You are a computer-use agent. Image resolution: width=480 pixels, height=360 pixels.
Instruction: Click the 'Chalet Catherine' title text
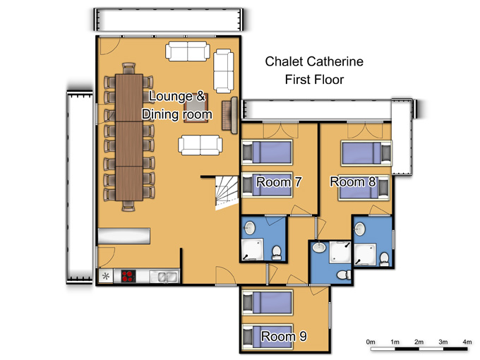[314, 61]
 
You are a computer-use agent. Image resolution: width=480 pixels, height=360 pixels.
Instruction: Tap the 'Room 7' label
[279, 182]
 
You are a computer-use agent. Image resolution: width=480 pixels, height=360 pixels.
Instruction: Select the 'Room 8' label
[353, 181]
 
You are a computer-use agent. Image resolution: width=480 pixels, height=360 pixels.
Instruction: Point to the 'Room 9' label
[284, 336]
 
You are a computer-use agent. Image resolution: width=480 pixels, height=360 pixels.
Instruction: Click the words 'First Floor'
[314, 80]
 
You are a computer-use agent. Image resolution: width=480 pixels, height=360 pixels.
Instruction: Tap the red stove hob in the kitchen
[128, 276]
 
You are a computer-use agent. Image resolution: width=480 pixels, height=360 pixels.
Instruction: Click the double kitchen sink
[164, 277]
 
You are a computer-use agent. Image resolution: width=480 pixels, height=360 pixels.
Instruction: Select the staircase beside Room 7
[227, 193]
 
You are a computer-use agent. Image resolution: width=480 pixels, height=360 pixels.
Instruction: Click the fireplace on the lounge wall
[230, 115]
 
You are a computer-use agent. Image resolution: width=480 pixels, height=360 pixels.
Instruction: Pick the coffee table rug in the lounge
[196, 108]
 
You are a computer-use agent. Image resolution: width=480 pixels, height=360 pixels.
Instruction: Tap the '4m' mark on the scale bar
[467, 342]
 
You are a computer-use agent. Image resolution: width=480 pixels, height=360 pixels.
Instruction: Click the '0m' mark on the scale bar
[371, 342]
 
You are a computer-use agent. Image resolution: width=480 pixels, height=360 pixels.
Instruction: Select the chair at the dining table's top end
[128, 68]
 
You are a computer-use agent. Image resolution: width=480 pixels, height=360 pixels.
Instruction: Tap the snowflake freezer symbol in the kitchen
[106, 277]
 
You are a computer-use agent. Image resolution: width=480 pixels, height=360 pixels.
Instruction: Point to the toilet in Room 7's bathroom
[277, 253]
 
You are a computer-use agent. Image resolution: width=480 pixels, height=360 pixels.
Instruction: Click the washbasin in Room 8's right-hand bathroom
[360, 229]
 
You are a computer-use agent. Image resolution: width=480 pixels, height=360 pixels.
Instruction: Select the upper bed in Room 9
[268, 302]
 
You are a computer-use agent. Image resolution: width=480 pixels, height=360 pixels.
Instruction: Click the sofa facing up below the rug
[200, 145]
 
